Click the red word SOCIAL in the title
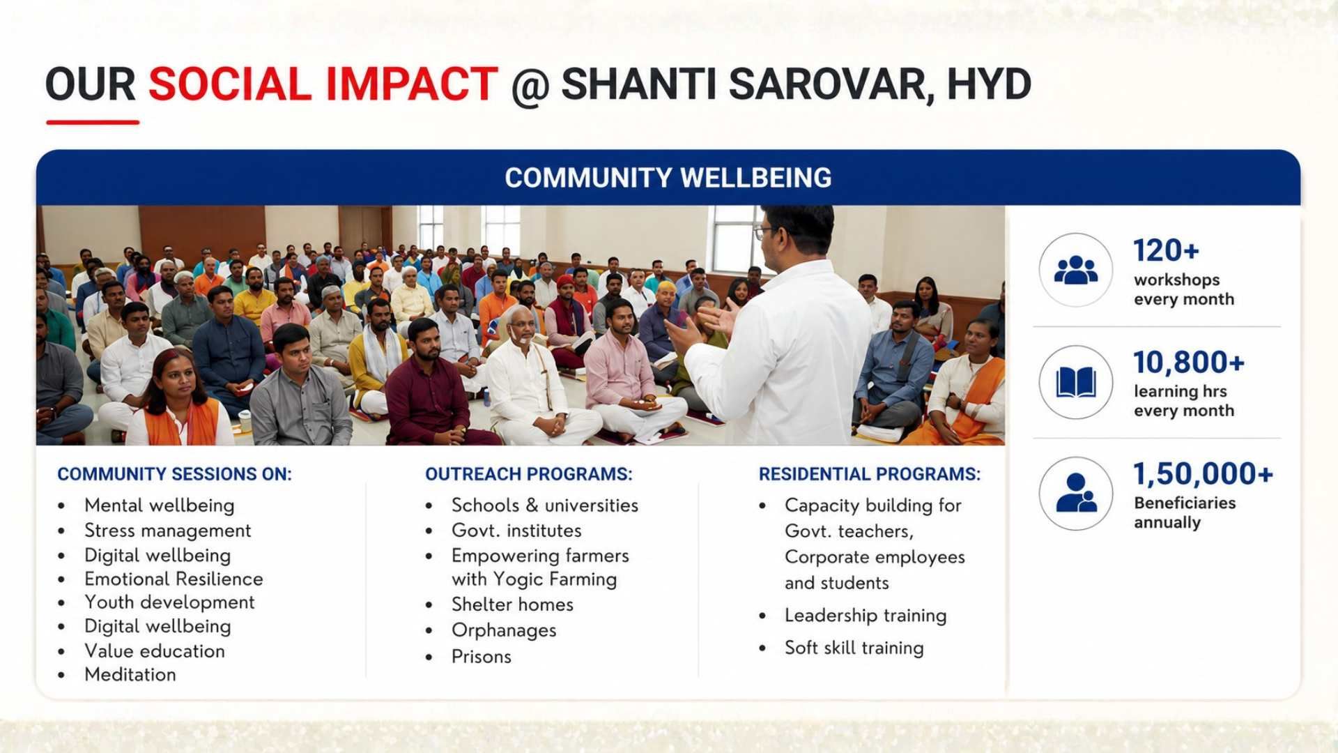click(230, 84)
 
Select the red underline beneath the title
click(93, 122)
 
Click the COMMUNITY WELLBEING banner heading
click(668, 178)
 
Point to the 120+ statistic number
click(1166, 250)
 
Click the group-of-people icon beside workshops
click(1076, 270)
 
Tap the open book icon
click(1076, 382)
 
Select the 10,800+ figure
click(1189, 362)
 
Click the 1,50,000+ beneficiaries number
click(1203, 474)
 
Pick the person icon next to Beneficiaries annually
click(1076, 493)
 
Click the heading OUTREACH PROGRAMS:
click(529, 474)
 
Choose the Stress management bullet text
click(167, 531)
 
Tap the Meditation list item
click(130, 674)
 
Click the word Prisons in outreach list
click(482, 657)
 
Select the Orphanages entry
click(504, 630)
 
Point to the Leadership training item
click(866, 616)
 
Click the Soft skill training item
click(854, 648)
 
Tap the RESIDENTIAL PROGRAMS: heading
click(870, 474)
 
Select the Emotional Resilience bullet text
click(174, 579)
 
